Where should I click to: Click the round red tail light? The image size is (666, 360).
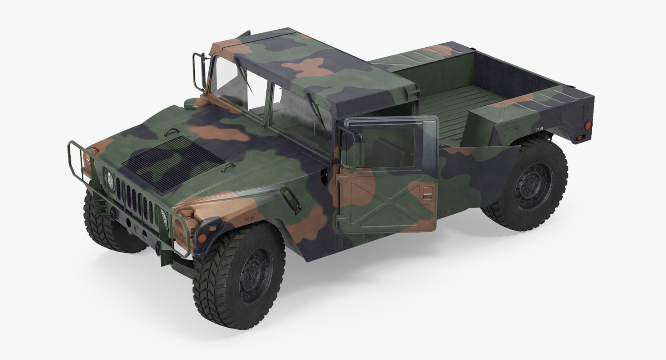tap(588, 126)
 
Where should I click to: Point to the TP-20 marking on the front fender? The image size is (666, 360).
tap(250, 219)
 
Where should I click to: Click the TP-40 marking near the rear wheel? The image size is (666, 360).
tap(539, 129)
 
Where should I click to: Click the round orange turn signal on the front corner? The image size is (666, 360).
tap(202, 237)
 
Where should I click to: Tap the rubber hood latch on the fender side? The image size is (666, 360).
tap(290, 200)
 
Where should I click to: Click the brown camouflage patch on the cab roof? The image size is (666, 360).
tap(307, 67)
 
